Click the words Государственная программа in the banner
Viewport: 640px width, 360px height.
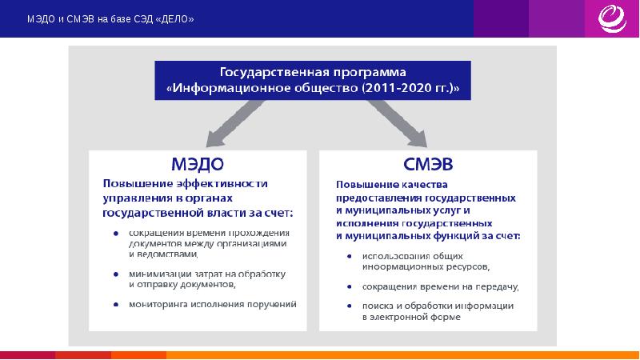[313, 70]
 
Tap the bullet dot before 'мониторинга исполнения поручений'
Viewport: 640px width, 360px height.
[117, 304]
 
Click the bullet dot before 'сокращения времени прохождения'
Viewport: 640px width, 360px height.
[117, 234]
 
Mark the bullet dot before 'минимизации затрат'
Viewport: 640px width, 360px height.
[117, 274]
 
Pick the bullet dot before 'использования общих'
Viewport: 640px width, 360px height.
[350, 256]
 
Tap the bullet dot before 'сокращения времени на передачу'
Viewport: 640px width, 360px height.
[350, 286]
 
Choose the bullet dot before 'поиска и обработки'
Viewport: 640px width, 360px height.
[350, 306]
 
